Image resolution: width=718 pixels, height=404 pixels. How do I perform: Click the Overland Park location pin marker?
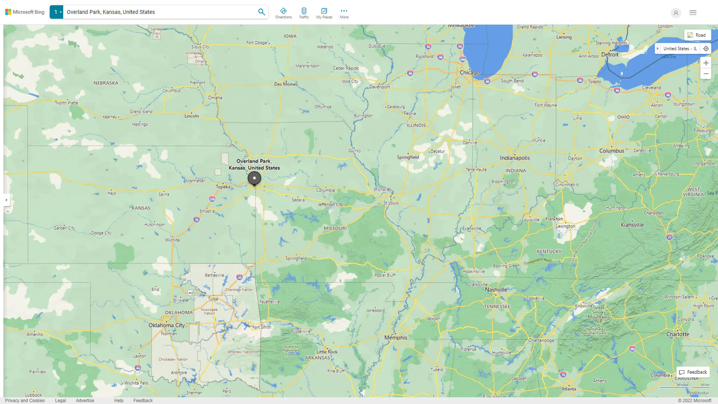[254, 178]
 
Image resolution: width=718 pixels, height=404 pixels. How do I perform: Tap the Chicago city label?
[470, 73]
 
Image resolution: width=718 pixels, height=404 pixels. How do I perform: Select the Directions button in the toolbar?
[283, 13]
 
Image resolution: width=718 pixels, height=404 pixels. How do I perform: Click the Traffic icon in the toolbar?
[304, 13]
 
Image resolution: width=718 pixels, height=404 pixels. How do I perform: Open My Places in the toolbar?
[324, 13]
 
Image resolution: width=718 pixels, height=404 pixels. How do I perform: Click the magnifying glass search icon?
[261, 12]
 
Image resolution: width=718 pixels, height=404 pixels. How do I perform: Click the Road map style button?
[697, 35]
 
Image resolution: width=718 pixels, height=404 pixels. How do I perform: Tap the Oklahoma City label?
[166, 325]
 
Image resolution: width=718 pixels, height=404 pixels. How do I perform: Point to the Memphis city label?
[396, 337]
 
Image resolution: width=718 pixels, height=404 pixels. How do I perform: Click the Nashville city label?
[496, 290]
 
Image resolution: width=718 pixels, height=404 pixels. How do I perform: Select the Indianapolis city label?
[515, 158]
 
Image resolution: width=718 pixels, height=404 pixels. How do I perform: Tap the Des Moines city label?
[286, 84]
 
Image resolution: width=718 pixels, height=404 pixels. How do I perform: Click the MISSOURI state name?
[335, 228]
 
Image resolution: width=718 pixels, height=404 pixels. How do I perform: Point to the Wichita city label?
[172, 240]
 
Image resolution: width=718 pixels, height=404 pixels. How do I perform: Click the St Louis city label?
[391, 203]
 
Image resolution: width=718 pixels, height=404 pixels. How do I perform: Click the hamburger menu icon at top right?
[693, 13]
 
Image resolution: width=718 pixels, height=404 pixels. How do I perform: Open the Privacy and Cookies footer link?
[25, 401]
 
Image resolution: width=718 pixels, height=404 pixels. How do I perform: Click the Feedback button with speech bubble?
[693, 372]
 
